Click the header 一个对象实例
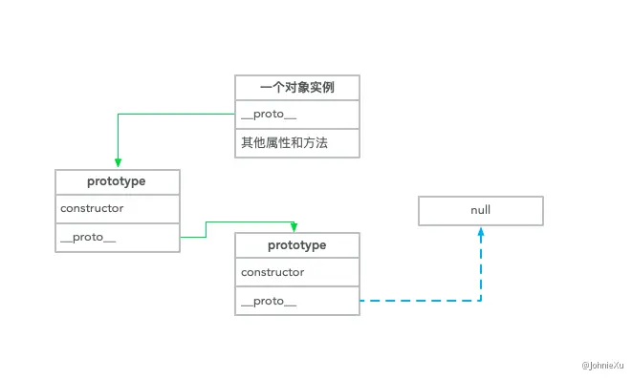(297, 87)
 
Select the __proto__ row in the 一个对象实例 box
(297, 115)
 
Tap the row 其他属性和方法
(297, 143)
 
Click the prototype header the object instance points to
(117, 180)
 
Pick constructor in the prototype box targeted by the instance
(117, 208)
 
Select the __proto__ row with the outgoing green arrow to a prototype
(117, 238)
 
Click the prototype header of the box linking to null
(297, 245)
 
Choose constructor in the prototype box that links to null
(297, 273)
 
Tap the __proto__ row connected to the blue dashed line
(297, 302)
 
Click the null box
(480, 210)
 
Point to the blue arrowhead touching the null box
(481, 230)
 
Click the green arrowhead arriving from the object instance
(117, 163)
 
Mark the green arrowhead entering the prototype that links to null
(294, 227)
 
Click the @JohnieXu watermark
(602, 364)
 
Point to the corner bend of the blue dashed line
(481, 302)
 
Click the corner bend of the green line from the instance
(117, 115)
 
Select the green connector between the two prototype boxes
(207, 228)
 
